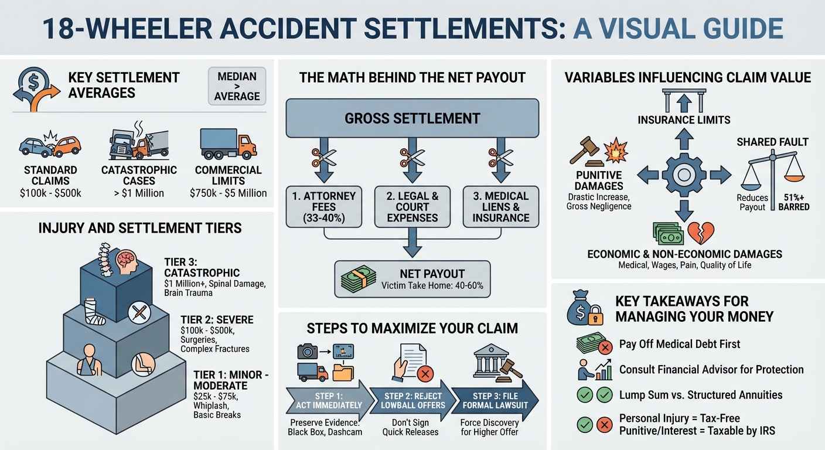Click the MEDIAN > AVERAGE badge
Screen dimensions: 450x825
point(237,86)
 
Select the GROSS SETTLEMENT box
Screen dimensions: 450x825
point(412,118)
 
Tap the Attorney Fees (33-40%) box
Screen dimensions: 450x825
point(324,207)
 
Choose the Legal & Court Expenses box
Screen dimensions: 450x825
point(412,207)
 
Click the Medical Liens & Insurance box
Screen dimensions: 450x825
point(500,207)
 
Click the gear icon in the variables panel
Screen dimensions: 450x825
point(683,175)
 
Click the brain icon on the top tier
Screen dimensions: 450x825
point(127,262)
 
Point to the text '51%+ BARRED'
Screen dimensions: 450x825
point(793,202)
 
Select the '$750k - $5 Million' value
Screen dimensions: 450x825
point(228,193)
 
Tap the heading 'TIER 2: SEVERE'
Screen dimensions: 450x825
point(217,320)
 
